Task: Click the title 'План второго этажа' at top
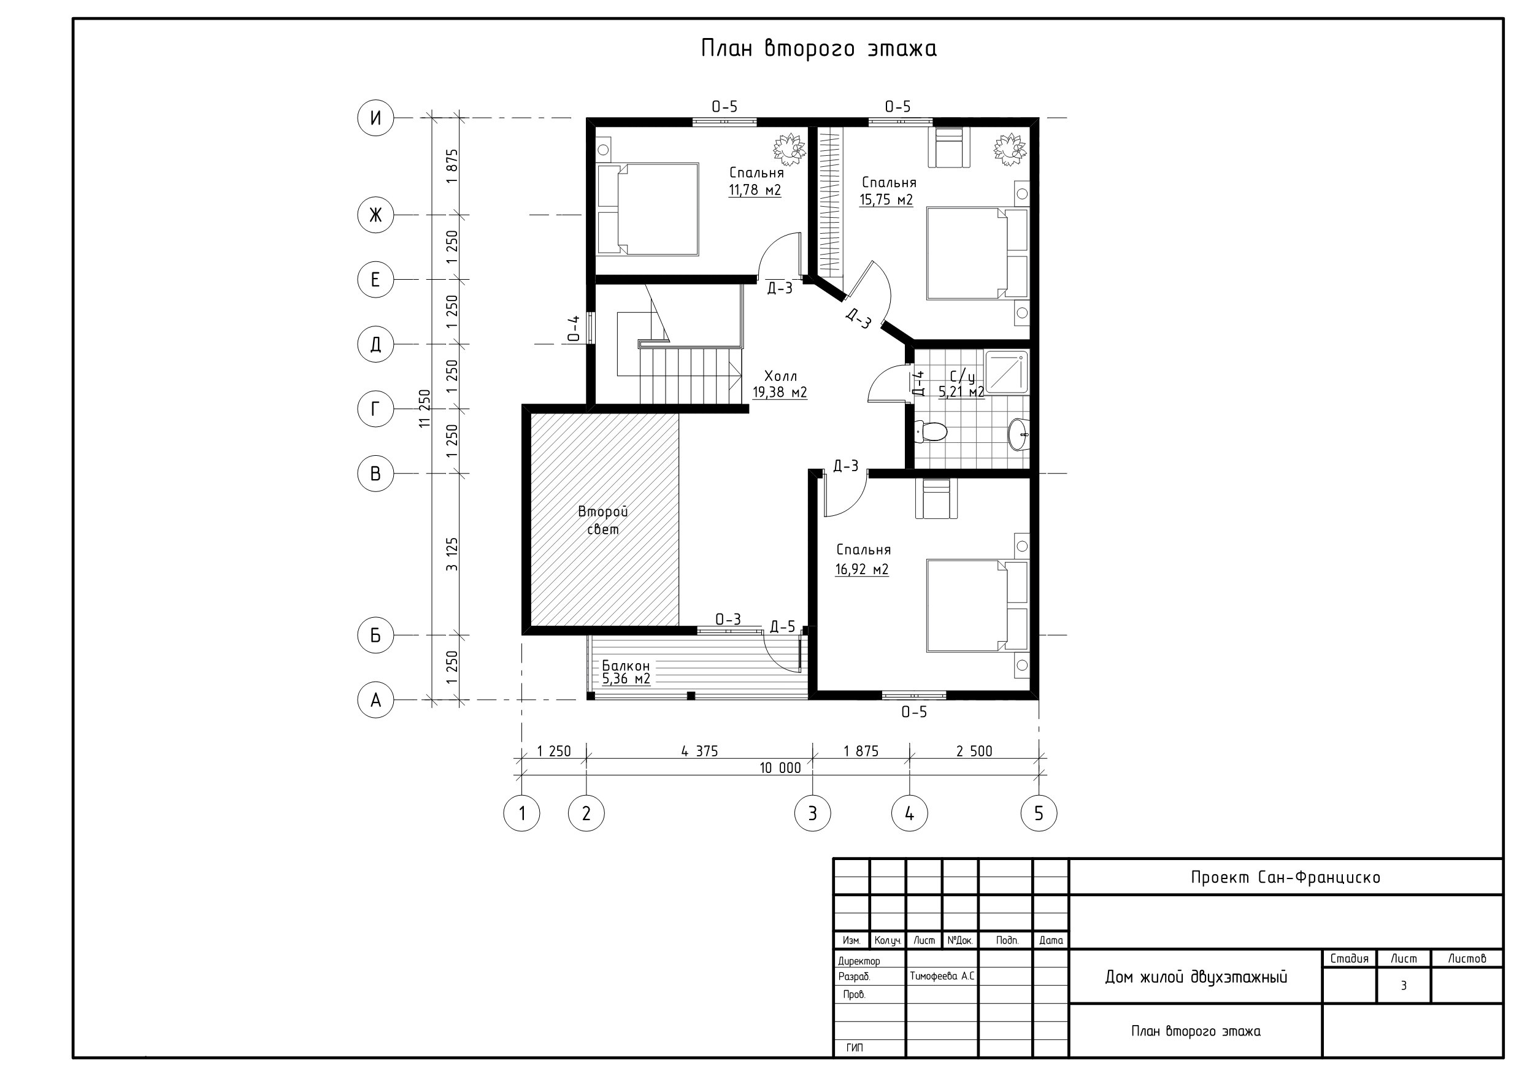819,49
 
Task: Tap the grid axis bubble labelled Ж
375,215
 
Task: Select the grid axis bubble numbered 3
813,813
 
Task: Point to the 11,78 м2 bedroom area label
755,190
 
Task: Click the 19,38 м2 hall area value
780,393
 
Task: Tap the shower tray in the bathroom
1007,372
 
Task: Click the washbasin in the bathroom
1019,434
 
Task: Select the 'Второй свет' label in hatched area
602,520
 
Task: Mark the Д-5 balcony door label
782,627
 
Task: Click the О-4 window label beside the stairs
574,328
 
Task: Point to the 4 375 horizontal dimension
699,751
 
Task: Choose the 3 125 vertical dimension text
452,554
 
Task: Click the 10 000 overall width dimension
780,767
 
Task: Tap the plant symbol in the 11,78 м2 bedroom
790,149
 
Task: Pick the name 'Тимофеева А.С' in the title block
942,976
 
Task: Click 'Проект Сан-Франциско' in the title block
1285,877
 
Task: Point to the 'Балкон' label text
626,666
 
